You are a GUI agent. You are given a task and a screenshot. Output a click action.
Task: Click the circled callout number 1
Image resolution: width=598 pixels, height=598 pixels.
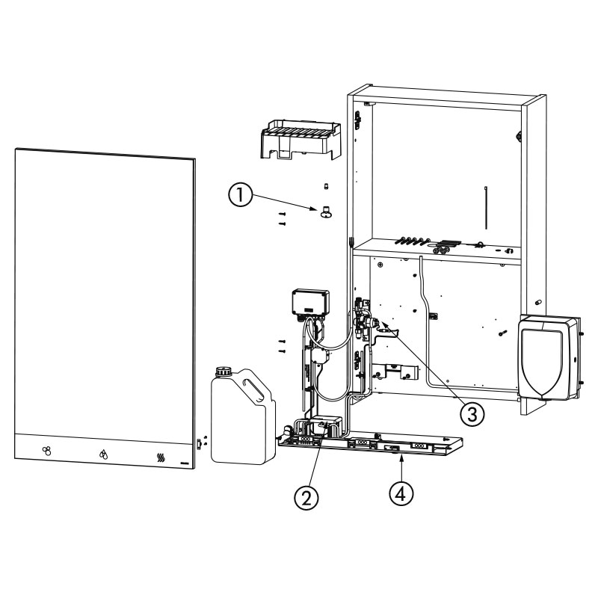tap(240, 195)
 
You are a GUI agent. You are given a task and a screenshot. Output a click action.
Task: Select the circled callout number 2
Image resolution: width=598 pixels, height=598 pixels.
tap(306, 498)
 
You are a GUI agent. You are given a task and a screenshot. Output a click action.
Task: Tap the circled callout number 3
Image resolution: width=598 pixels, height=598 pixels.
tap(472, 414)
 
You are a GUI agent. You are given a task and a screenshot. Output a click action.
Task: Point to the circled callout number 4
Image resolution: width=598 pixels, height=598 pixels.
tap(401, 494)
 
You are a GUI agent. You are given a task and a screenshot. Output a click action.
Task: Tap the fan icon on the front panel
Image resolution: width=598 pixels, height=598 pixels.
tap(46, 451)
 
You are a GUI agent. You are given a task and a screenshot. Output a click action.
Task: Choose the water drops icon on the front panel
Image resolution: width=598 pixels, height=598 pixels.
tap(103, 454)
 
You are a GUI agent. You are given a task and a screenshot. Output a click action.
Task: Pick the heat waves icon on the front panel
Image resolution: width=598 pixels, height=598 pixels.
tap(161, 457)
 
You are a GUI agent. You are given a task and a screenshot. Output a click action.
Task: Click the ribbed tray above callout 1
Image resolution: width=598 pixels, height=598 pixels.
tap(300, 139)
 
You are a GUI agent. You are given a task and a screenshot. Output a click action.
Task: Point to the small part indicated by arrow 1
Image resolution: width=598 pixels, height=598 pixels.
tap(326, 212)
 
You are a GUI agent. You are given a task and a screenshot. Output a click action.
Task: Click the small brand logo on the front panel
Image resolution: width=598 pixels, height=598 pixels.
tap(184, 463)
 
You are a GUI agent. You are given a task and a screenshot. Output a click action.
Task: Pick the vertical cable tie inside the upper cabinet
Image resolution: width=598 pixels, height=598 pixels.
tap(486, 208)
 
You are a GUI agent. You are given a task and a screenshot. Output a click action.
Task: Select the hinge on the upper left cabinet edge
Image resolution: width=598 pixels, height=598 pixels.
tap(358, 120)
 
